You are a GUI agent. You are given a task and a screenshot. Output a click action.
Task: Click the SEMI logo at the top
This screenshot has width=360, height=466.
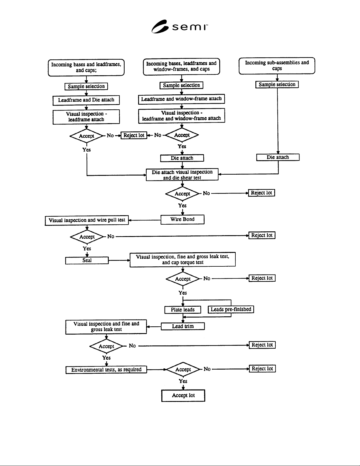pos(180,26)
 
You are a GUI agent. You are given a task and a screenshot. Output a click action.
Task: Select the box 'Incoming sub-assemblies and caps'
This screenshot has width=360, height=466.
pos(277,66)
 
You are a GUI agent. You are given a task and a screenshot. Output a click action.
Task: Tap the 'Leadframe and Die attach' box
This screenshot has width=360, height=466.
pos(86,100)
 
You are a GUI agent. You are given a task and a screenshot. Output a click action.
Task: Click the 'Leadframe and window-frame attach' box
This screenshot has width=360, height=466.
pos(182,99)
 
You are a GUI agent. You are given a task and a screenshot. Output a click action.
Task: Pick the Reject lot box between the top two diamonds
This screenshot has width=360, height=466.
pos(134,135)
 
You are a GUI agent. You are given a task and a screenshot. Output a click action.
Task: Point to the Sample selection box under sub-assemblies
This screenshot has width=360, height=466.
pos(277,84)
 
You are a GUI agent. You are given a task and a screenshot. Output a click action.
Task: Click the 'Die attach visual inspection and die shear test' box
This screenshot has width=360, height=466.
pos(182,175)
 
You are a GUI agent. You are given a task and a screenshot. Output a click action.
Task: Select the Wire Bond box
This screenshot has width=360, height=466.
pos(182,219)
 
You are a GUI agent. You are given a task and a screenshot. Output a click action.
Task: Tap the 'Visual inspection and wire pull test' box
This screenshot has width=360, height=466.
pos(87,220)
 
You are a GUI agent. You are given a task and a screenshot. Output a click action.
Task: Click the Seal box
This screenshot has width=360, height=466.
pos(87,260)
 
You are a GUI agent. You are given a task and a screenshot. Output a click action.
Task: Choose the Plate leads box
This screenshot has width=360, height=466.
pos(183,310)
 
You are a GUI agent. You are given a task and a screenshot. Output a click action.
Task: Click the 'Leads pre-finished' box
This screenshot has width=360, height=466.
pos(231,309)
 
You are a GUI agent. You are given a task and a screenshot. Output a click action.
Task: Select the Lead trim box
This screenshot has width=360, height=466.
pos(183,326)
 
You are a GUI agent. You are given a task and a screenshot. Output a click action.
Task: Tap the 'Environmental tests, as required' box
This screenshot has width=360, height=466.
pos(106,370)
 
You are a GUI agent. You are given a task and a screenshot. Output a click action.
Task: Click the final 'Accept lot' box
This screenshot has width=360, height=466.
pos(183,395)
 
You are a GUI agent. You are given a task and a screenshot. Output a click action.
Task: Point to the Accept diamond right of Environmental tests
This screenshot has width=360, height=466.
pos(183,369)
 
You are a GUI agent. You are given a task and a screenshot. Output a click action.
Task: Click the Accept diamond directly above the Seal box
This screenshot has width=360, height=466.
pos(87,237)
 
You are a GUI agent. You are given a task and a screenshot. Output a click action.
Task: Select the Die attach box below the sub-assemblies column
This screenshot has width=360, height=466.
pos(278,157)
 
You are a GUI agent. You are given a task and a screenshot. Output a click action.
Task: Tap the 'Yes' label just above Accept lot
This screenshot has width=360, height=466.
pos(183,381)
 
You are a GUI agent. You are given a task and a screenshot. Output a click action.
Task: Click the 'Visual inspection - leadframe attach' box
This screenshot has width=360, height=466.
pos(86,117)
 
